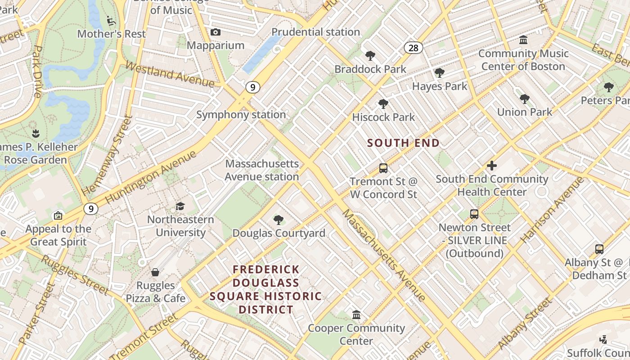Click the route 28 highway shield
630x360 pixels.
point(413,48)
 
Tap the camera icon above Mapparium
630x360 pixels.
point(216,32)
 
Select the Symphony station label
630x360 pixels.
point(241,115)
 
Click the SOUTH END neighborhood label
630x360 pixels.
point(403,143)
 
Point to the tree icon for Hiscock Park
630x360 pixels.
point(383,104)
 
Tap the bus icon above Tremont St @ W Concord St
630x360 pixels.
point(383,168)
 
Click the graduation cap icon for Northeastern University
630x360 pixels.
point(180,206)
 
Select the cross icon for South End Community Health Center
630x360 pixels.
point(492,166)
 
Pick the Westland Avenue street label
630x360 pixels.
point(170,75)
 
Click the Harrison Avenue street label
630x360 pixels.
point(553,210)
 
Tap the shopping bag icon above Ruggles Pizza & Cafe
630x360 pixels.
point(155,272)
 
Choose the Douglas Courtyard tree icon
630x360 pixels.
point(279,220)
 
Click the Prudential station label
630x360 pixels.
point(315,32)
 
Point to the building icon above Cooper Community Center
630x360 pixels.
point(356,315)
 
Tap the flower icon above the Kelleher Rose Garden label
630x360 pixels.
point(36,133)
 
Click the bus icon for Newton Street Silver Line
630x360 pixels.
point(474,214)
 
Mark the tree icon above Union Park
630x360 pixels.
point(524,99)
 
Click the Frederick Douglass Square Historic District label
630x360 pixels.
point(266,289)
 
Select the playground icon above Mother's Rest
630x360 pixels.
point(111,21)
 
